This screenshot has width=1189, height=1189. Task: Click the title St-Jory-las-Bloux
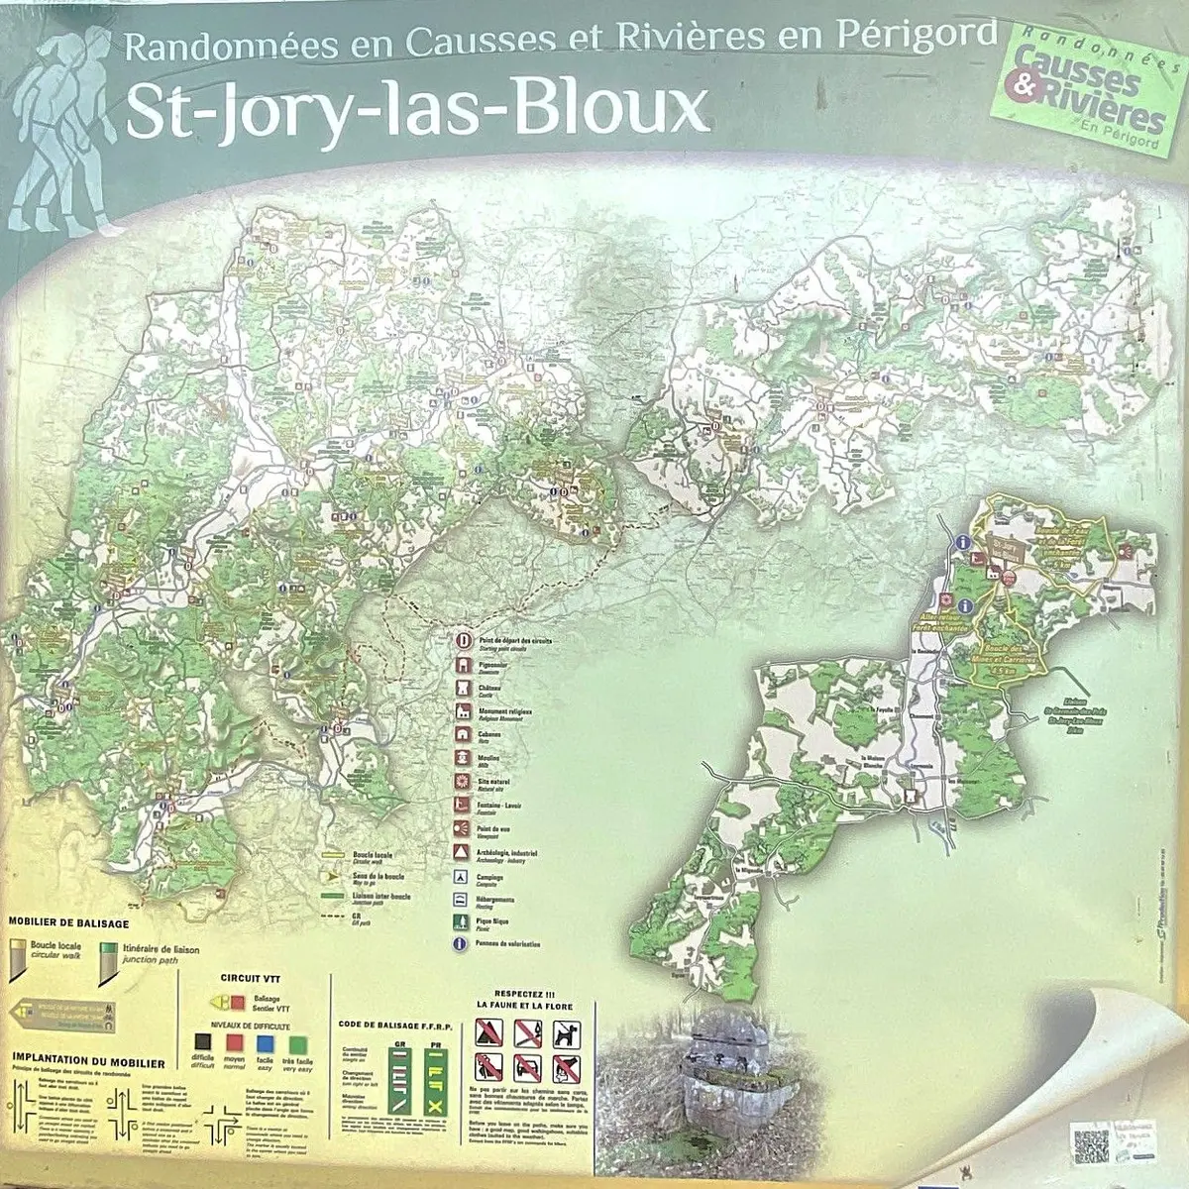pyautogui.click(x=416, y=110)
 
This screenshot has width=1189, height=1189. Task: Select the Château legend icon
pyautogui.click(x=462, y=688)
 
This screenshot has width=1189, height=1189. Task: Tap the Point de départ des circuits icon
pyautogui.click(x=462, y=641)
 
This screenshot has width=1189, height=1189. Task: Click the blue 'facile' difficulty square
pyautogui.click(x=265, y=1043)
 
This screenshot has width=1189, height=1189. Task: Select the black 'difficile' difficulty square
pyautogui.click(x=203, y=1043)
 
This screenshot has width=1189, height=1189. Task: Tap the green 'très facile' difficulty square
pyautogui.click(x=297, y=1043)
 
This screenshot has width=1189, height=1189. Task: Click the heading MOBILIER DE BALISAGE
pyautogui.click(x=68, y=923)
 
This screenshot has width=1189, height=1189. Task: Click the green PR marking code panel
pyautogui.click(x=434, y=1075)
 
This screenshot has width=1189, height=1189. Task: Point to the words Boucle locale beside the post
pyautogui.click(x=55, y=945)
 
